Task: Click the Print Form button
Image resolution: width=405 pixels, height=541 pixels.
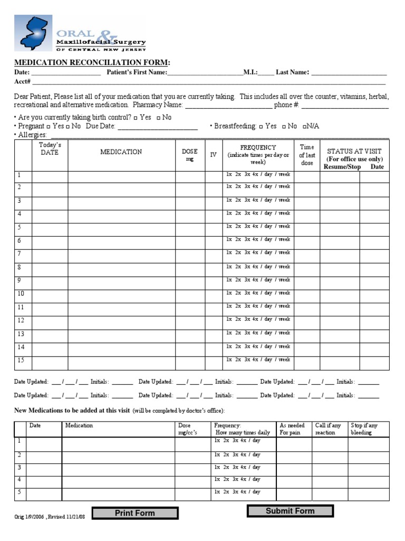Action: (x=135, y=512)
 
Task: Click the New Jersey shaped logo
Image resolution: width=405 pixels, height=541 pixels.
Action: (x=33, y=33)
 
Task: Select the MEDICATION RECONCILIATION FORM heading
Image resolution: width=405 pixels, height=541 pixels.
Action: (x=92, y=62)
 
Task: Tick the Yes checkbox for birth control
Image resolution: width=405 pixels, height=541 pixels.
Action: (x=136, y=118)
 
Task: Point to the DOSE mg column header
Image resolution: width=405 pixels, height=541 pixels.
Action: (x=190, y=155)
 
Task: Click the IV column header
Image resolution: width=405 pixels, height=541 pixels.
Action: (x=213, y=155)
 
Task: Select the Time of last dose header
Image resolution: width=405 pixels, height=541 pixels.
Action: (x=307, y=155)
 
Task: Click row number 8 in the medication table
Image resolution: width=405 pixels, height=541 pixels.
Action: (x=19, y=267)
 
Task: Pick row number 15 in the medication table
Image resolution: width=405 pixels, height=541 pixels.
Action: (x=21, y=360)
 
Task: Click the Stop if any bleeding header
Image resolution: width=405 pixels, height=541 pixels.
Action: (x=364, y=429)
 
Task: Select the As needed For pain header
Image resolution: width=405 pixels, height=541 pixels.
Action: (x=292, y=429)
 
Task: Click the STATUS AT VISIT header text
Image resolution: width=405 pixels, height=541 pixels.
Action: (x=354, y=152)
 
